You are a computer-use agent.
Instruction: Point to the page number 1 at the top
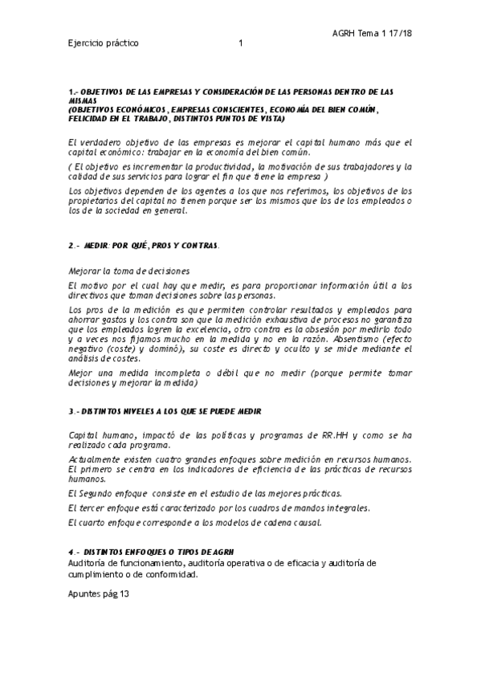pyautogui.click(x=241, y=43)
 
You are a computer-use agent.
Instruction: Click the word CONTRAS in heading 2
pyautogui.click(x=197, y=244)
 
